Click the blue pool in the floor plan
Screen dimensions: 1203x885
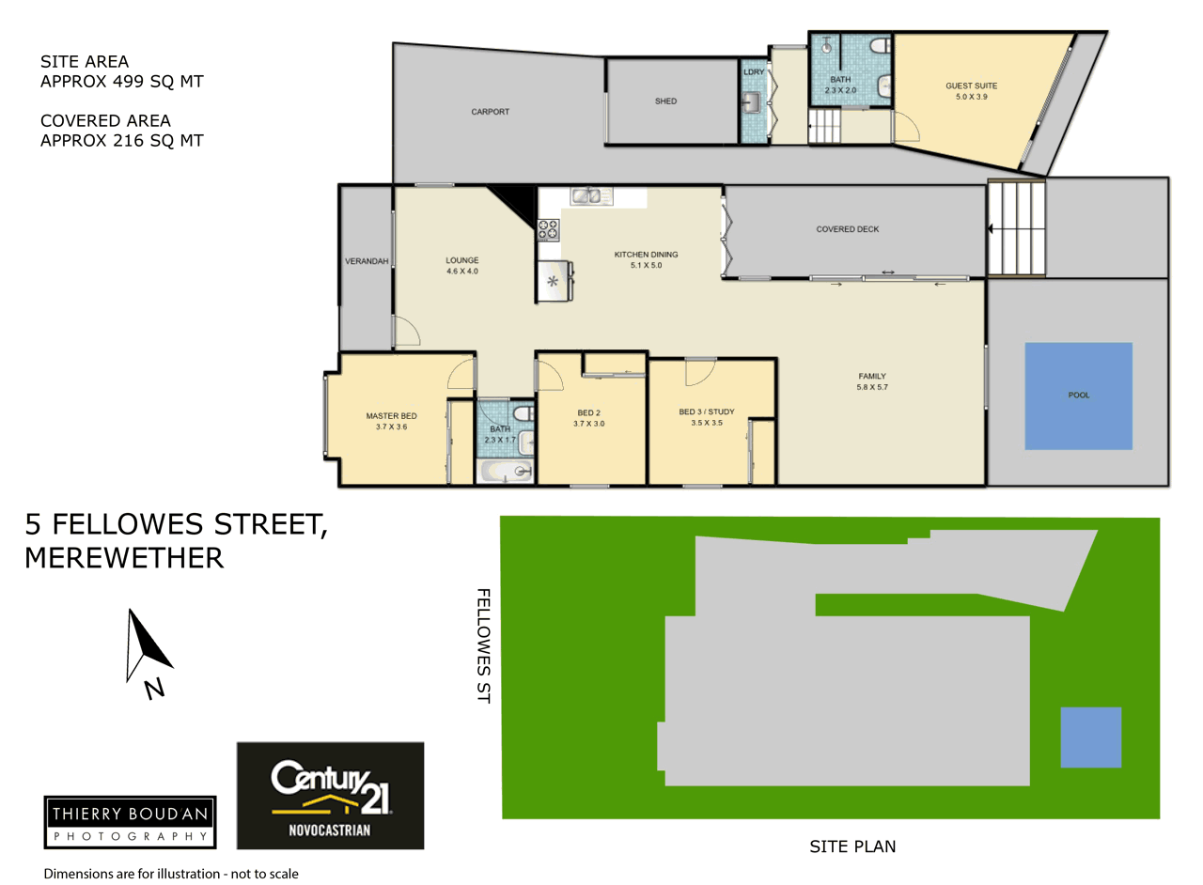pyautogui.click(x=1078, y=396)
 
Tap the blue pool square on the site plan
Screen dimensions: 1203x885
pyautogui.click(x=1091, y=737)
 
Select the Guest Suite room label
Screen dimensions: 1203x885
pyautogui.click(x=971, y=91)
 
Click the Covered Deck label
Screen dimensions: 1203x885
pyautogui.click(x=848, y=229)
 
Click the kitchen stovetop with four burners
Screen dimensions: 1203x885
pyautogui.click(x=548, y=230)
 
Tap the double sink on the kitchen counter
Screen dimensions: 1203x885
pyautogui.click(x=591, y=196)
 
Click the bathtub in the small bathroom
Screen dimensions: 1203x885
pyautogui.click(x=506, y=471)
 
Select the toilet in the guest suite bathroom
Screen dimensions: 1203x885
pyautogui.click(x=880, y=46)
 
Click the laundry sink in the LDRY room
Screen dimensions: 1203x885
pyautogui.click(x=751, y=101)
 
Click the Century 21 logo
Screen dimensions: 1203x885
pyautogui.click(x=330, y=796)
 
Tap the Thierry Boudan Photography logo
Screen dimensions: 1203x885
pyautogui.click(x=130, y=822)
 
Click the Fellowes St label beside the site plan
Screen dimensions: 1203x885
pyautogui.click(x=483, y=645)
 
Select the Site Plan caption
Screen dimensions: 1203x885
pyautogui.click(x=852, y=846)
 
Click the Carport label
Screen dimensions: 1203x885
pyautogui.click(x=490, y=112)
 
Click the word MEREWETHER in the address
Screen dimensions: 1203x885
pyautogui.click(x=124, y=558)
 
